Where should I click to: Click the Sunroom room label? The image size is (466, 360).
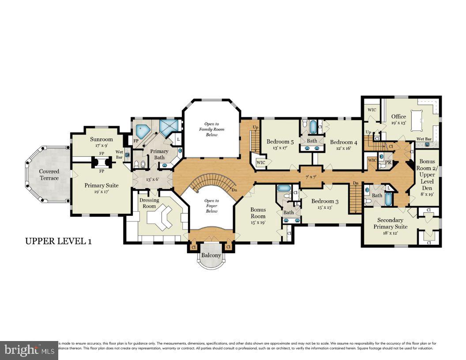[x=101, y=139]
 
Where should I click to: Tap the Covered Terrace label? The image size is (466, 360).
[x=49, y=175]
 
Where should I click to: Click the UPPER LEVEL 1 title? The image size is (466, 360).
[x=58, y=241]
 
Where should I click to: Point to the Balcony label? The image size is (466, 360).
[x=211, y=255]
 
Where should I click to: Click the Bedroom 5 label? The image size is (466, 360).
[x=280, y=142]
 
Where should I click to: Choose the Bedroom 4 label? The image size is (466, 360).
[x=344, y=142]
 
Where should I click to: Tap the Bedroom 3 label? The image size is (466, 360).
[x=325, y=201]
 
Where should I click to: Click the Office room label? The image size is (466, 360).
[x=398, y=116]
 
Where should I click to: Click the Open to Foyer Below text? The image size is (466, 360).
[x=212, y=206]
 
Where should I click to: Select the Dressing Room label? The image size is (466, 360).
[x=149, y=203]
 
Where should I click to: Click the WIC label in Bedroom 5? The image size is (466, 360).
[x=261, y=162]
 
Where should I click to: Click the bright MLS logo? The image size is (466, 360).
[x=29, y=350]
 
